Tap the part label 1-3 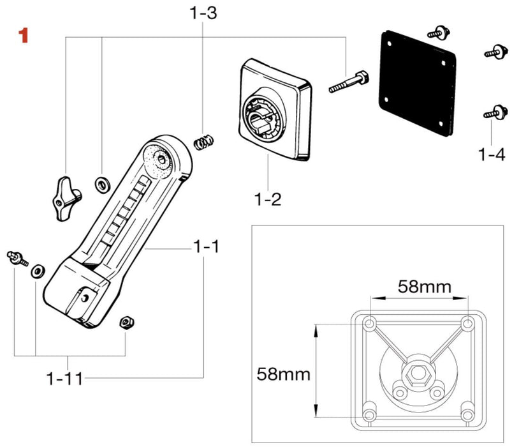(x=203, y=12)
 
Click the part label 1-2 (x=268, y=199)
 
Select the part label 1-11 (x=64, y=379)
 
